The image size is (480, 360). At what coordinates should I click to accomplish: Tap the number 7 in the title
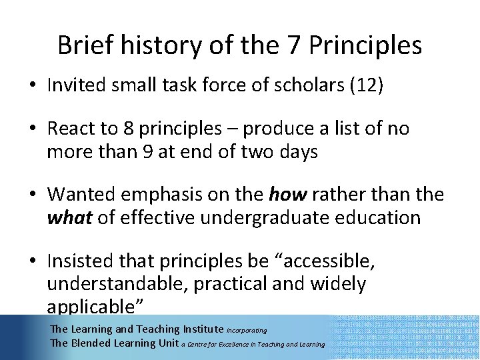click(x=291, y=45)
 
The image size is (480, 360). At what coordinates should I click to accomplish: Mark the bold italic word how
click(x=286, y=194)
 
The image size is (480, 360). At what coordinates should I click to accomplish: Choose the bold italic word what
click(x=70, y=217)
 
